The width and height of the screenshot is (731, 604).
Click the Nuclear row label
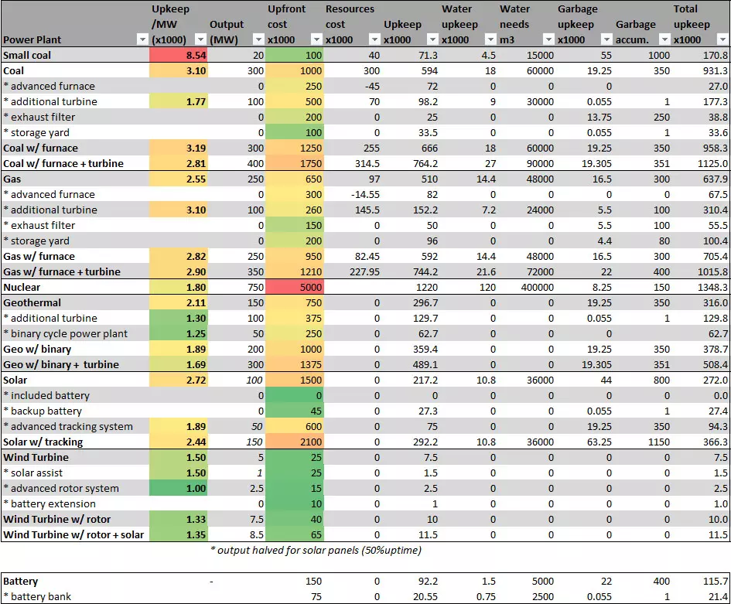[23, 287]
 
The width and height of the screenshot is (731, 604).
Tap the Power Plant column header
[32, 39]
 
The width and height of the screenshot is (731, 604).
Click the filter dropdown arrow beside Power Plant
[141, 39]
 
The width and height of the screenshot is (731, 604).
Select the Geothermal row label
[32, 302]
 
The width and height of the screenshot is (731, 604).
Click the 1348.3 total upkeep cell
[712, 287]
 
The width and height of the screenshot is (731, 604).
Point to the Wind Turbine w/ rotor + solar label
[73, 534]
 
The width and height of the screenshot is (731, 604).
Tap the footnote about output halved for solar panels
[316, 551]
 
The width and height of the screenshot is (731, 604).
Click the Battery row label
[21, 581]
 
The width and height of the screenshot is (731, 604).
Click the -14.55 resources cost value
[363, 194]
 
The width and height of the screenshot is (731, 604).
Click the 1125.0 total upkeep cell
[712, 163]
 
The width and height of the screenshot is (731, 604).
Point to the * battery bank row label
[39, 596]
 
